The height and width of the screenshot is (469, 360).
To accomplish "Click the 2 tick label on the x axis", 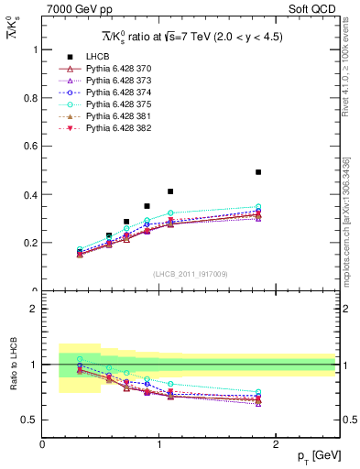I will point(277,444).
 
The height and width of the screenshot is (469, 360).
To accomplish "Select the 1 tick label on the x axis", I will point(160,444).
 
